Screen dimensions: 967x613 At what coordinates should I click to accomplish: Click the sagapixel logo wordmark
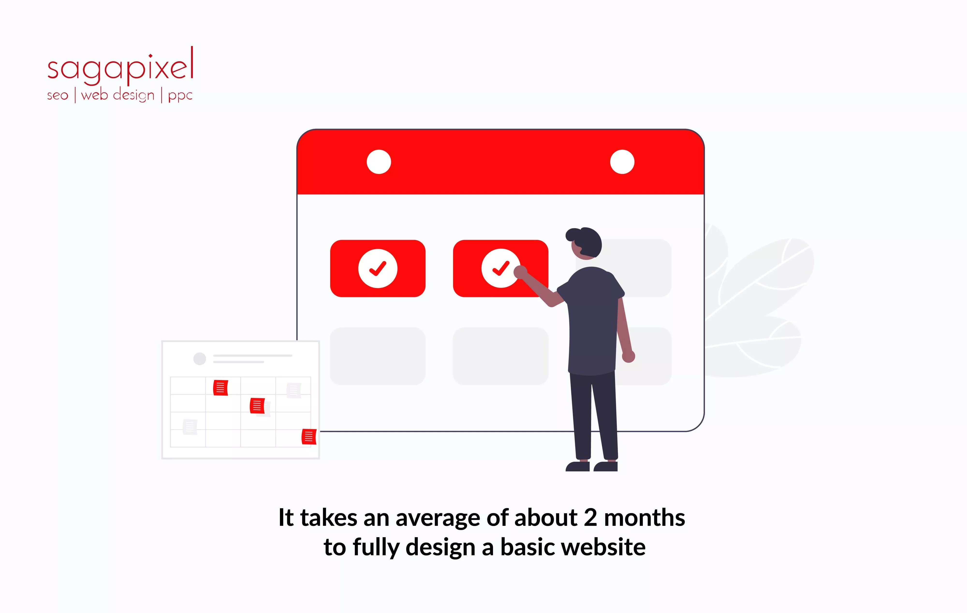pyautogui.click(x=120, y=66)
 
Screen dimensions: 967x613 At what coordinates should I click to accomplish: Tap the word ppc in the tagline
pyautogui.click(x=180, y=95)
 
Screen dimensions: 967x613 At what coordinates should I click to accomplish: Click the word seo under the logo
pyautogui.click(x=58, y=95)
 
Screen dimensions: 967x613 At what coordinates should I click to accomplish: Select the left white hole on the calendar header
pyautogui.click(x=379, y=162)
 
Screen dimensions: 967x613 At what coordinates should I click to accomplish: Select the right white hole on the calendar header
pyautogui.click(x=622, y=162)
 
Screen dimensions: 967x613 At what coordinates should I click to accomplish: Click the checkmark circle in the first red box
pyautogui.click(x=377, y=268)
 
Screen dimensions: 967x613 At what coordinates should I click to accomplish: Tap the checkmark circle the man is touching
pyautogui.click(x=500, y=268)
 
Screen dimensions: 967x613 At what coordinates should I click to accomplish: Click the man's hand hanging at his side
pyautogui.click(x=629, y=356)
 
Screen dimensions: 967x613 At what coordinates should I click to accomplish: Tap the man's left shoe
pyautogui.click(x=578, y=466)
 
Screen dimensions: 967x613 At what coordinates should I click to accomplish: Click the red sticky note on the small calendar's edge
pyautogui.click(x=309, y=436)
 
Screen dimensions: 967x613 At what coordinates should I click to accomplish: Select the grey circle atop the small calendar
pyautogui.click(x=200, y=359)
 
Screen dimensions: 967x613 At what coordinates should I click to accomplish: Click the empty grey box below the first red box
pyautogui.click(x=377, y=356)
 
